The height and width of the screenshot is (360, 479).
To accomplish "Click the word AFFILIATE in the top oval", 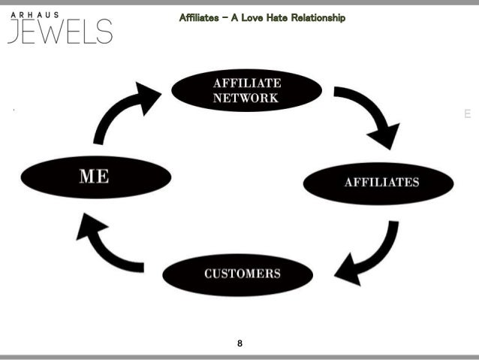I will coord(246,83).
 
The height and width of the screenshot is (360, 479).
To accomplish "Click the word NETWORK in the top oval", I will coord(245,98).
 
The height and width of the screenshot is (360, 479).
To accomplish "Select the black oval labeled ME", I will coord(95,177).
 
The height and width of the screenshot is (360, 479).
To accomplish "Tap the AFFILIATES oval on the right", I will coord(378,183).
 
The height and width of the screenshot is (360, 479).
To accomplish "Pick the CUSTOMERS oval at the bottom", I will coord(239,274).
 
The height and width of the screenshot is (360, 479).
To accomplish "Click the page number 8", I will coord(239,343).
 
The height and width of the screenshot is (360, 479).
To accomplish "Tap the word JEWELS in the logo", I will coord(60,32).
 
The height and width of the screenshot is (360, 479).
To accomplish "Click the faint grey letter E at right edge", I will coord(467,114).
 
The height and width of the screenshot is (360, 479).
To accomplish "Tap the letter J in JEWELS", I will coord(14,32).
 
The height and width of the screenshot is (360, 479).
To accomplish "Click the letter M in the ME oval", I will coord(87,177).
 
